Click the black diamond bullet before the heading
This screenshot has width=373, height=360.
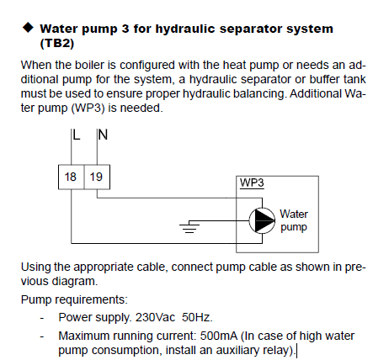(28, 28)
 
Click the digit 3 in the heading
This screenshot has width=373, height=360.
(125, 29)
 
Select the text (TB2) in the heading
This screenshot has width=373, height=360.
(57, 44)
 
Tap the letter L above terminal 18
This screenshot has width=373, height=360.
(77, 135)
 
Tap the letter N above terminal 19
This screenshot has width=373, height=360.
(103, 135)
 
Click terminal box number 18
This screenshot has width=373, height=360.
(72, 177)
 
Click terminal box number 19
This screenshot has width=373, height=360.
(97, 177)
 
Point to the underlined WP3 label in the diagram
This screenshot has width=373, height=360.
(252, 183)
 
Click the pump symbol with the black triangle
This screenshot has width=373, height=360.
(262, 220)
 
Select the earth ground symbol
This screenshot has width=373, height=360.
(189, 226)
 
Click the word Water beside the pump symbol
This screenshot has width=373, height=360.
(294, 214)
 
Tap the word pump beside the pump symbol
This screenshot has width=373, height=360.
(294, 227)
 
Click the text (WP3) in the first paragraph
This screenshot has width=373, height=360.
(88, 108)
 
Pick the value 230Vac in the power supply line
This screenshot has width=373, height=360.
(155, 318)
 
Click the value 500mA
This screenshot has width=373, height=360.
(219, 336)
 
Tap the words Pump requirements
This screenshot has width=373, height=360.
(74, 299)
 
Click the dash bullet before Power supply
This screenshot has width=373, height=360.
(42, 319)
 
